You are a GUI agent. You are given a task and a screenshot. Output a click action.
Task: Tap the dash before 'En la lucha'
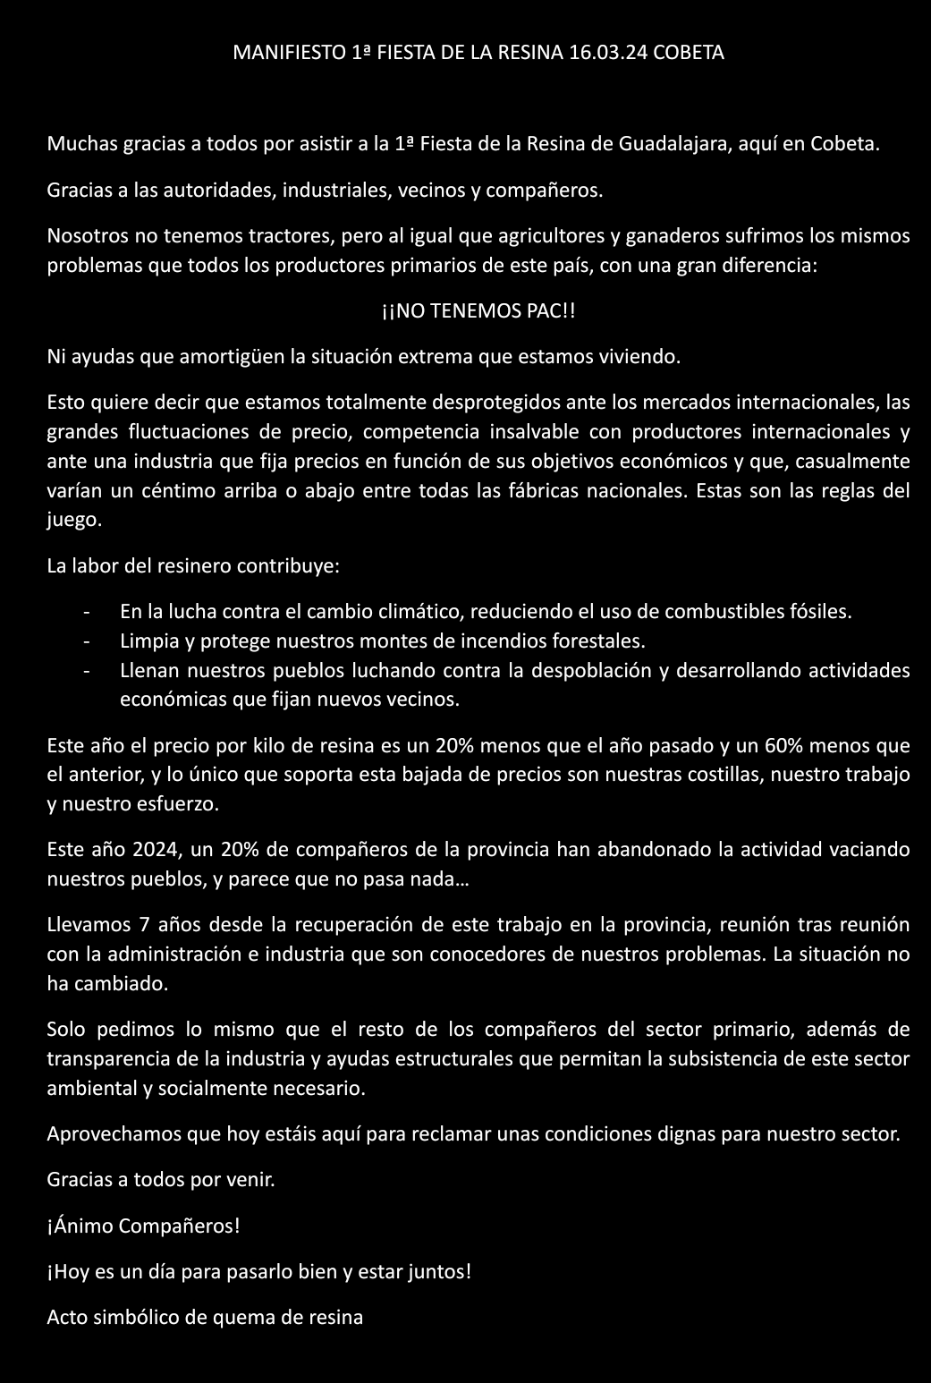(87, 613)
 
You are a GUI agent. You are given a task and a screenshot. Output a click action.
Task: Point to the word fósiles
(821, 613)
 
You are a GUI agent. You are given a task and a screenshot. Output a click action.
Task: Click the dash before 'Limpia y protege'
(87, 642)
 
